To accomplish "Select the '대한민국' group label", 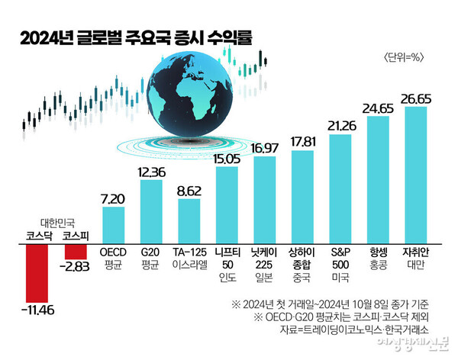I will (x=55, y=224).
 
